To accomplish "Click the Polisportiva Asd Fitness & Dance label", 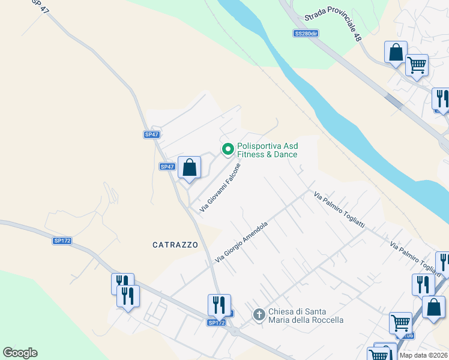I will tap(267, 150).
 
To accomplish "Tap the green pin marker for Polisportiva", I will tap(228, 149).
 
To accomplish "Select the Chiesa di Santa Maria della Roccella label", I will tap(306, 316).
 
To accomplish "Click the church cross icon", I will tap(259, 314).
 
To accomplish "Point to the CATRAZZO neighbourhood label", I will tap(175, 245).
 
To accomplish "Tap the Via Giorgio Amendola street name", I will tap(241, 241).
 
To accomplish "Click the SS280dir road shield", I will tap(306, 34).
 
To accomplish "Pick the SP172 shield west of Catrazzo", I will tap(62, 241).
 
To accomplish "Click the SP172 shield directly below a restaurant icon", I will tap(217, 323).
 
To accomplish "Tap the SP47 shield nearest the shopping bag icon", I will tap(167, 166).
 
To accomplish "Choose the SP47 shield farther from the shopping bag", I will tap(152, 134).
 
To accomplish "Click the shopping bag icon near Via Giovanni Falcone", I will tap(189, 167).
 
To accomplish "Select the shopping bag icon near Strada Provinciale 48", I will tap(396, 52).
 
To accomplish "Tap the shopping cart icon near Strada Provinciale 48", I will tap(417, 65).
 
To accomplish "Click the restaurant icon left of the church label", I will tap(219, 304).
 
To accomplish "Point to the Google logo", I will tap(20, 353).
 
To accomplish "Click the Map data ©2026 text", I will tap(424, 355).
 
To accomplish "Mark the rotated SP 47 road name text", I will tap(38, 5).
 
